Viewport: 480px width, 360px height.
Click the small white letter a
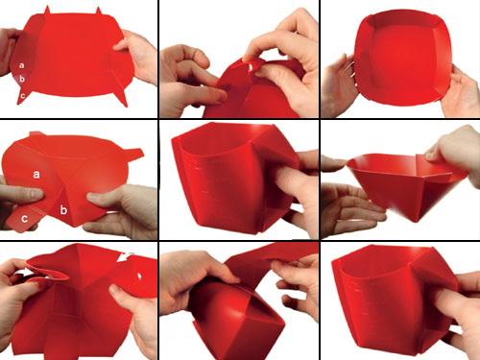coord(21,65)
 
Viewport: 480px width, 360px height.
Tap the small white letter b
coord(22,79)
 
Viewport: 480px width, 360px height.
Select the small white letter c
coord(22,95)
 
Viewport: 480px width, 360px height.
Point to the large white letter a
coord(36,175)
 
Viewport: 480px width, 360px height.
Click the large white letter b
coord(63,210)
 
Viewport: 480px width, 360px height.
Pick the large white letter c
coord(24,219)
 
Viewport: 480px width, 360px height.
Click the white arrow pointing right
coord(24,273)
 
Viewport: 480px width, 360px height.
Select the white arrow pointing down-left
coord(124,257)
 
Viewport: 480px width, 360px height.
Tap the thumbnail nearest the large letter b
coord(92,196)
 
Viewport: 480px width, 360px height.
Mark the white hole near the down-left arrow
coord(139,276)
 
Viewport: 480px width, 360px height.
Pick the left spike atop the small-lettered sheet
coord(47,11)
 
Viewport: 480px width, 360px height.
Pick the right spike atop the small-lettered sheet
coord(99,11)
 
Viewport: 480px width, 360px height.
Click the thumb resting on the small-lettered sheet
coord(123,45)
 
